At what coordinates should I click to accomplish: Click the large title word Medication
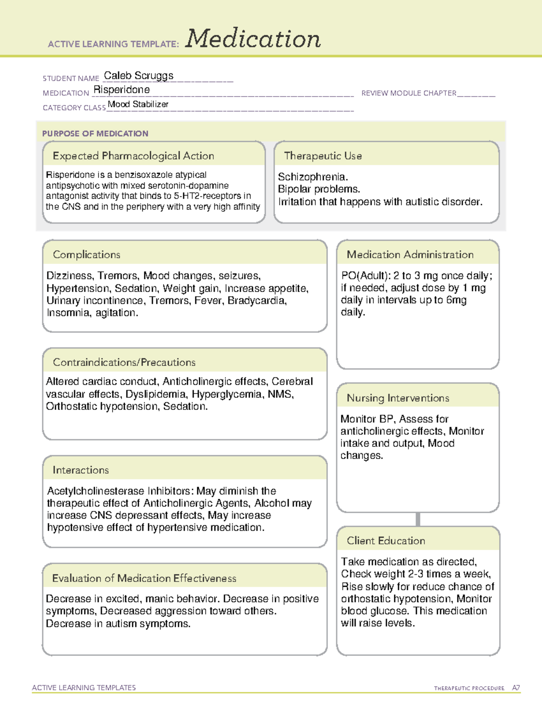point(253,39)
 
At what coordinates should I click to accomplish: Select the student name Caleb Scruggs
point(139,76)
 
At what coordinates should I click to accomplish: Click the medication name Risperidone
point(121,90)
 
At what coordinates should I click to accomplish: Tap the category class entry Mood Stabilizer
point(138,104)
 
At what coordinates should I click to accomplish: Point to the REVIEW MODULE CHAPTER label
point(409,93)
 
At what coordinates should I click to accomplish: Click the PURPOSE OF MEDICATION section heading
point(95,134)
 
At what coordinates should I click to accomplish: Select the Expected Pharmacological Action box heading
point(133,156)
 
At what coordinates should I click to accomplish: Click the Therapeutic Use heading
point(322,156)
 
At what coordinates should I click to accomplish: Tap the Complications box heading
point(86,255)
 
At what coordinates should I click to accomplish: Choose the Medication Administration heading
point(410,255)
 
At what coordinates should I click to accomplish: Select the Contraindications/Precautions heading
point(124,362)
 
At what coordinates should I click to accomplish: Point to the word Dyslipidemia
point(155,394)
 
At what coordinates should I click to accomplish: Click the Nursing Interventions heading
point(397,398)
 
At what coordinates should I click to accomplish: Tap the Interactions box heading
point(80,470)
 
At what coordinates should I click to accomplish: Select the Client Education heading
point(386,541)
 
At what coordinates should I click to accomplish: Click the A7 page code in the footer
point(515,688)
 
